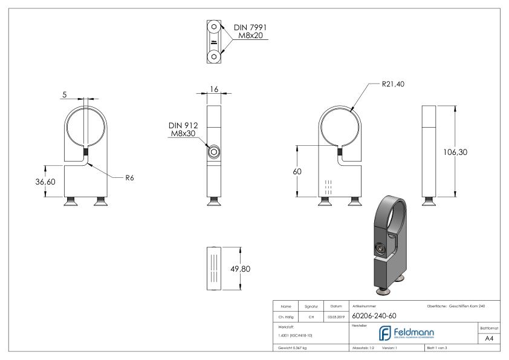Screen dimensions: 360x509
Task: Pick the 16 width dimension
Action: [x=214, y=89]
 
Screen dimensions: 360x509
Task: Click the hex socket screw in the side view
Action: [x=214, y=152]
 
